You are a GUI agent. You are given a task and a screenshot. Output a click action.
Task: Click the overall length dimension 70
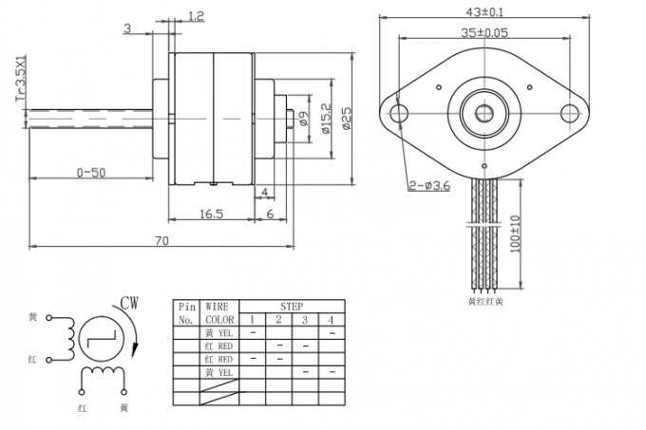(161, 241)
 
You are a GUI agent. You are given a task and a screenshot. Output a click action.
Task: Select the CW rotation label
(130, 304)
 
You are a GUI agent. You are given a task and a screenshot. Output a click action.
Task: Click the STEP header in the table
(291, 308)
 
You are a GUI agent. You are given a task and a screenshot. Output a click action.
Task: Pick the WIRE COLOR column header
(218, 314)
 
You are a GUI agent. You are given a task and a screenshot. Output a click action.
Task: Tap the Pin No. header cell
(186, 314)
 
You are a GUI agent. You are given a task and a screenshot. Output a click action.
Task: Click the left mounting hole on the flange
(400, 113)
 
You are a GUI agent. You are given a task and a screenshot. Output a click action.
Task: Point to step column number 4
(331, 320)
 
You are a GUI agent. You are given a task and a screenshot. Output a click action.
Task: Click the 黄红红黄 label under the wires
(486, 301)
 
